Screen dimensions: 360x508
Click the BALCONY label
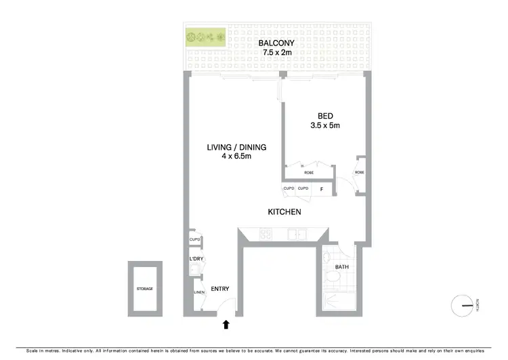[x=277, y=44]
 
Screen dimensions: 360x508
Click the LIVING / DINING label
[x=236, y=147]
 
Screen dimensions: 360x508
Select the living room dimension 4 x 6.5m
[x=236, y=157]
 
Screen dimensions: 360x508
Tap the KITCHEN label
[x=284, y=212]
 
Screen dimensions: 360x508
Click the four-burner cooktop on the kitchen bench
[x=266, y=235]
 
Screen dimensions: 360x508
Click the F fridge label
[x=321, y=188]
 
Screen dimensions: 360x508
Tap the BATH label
[x=343, y=267]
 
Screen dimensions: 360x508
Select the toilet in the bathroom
[x=327, y=258]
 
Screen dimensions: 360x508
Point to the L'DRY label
[x=196, y=259]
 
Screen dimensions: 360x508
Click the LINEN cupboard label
[x=199, y=292]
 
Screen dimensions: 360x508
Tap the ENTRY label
[x=220, y=289]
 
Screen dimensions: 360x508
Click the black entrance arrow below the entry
[x=226, y=325]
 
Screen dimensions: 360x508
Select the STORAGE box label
[x=144, y=289]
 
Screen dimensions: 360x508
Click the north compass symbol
[x=465, y=306]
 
